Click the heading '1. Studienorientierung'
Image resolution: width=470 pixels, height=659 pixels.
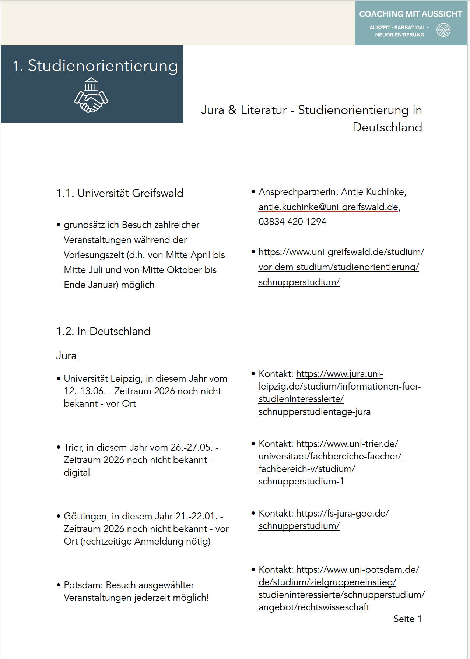click(x=95, y=66)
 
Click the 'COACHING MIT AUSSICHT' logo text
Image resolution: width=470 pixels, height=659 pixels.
click(x=410, y=14)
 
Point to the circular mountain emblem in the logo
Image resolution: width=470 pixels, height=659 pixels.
click(x=443, y=30)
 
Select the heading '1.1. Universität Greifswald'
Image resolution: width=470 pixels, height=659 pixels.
click(x=120, y=193)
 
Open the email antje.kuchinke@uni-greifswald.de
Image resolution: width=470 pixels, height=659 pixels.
click(x=328, y=207)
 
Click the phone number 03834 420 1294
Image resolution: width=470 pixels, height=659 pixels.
click(x=292, y=222)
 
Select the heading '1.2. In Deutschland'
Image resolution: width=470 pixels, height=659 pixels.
click(x=103, y=331)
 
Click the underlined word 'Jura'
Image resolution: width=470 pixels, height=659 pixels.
click(x=66, y=356)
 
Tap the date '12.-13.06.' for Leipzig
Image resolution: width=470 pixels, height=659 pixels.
click(x=85, y=391)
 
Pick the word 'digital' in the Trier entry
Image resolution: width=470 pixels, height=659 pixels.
click(x=77, y=472)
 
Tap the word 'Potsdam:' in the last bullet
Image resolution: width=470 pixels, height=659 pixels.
click(x=83, y=585)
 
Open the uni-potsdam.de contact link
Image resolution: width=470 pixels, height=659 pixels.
click(x=341, y=588)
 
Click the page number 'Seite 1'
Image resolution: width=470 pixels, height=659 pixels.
click(x=407, y=619)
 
